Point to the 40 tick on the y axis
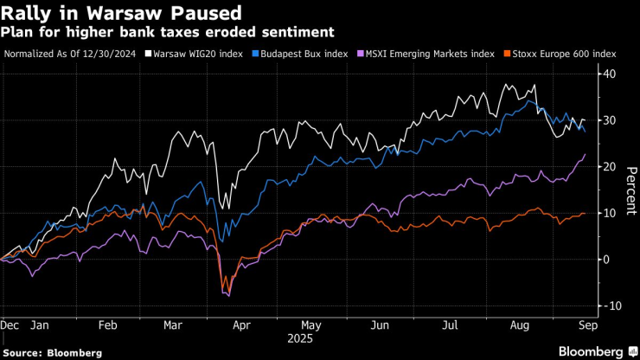[609, 74]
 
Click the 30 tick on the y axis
[609, 120]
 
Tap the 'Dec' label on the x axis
[11, 326]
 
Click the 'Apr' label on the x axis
[241, 326]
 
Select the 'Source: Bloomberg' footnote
[51, 352]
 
